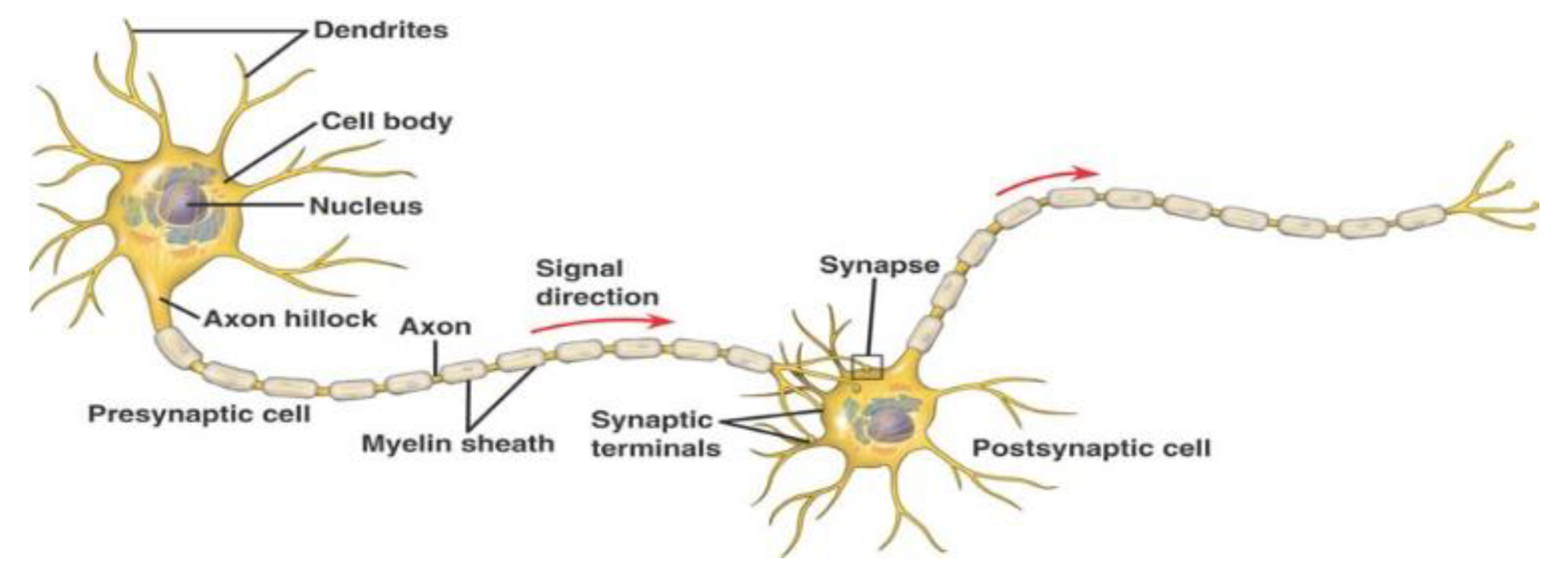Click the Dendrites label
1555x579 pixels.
tap(381, 31)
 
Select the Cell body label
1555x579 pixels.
tap(387, 122)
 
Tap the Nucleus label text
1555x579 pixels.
tap(366, 207)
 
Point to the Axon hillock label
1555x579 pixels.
tap(290, 318)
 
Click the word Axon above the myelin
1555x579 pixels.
tap(435, 326)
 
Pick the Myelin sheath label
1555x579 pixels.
tap(458, 444)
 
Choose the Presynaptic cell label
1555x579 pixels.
tap(199, 414)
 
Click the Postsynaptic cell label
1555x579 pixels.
tap(1091, 448)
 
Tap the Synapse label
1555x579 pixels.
tap(879, 265)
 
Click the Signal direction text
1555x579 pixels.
tap(597, 283)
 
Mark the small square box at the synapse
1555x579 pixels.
tap(868, 367)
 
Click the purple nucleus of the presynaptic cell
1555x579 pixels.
tap(184, 203)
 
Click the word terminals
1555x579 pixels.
tap(655, 448)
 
